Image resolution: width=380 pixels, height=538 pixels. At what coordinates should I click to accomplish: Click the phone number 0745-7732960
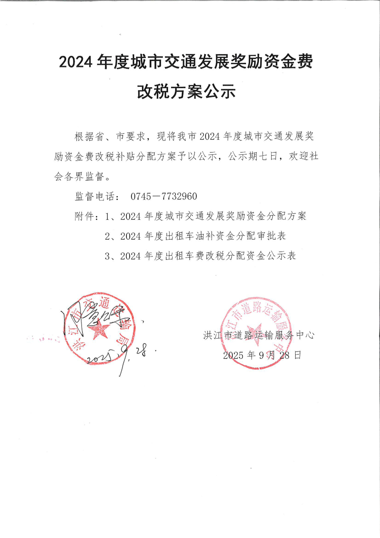click(163, 197)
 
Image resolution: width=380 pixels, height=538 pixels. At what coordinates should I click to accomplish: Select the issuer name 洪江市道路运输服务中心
click(259, 336)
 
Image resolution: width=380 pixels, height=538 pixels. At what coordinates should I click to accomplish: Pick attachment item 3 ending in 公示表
click(200, 256)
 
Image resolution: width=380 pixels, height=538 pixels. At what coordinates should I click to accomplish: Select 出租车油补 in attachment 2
click(190, 236)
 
